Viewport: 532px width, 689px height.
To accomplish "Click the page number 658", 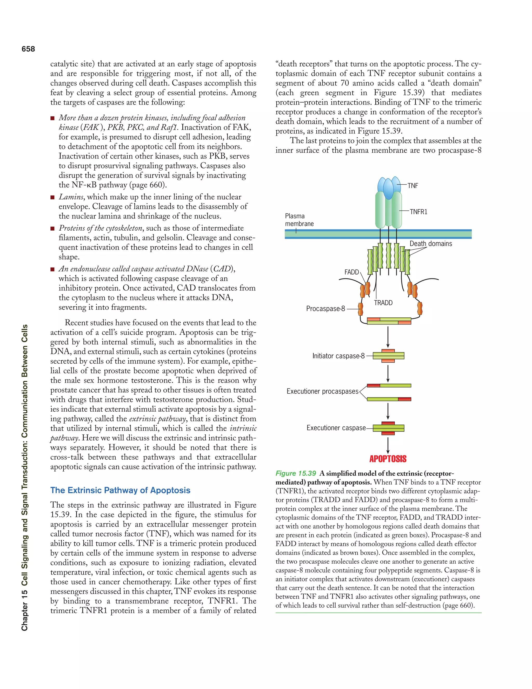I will [28, 49].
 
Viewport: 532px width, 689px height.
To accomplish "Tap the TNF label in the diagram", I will [413, 186].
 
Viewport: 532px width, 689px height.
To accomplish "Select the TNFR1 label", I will [418, 212].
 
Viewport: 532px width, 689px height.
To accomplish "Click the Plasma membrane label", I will [299, 220].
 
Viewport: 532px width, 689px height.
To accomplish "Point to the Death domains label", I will [430, 244].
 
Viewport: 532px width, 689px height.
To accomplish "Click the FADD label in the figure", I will [351, 272].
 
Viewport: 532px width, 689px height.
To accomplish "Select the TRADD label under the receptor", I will [383, 303].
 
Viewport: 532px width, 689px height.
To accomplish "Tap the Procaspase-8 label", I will [325, 309].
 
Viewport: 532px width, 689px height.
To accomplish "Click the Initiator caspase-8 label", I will [338, 356].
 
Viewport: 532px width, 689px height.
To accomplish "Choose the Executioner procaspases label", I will [322, 392].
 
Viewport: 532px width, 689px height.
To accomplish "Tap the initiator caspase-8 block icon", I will [388, 356].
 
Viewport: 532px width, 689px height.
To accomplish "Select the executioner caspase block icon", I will [388, 428].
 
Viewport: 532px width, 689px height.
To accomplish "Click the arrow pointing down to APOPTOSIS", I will [388, 445].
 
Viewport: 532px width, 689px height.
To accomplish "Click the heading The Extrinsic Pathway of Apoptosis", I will [120, 490].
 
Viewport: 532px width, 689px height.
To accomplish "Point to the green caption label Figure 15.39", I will [295, 473].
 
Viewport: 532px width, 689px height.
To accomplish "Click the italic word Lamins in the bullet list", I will [71, 197].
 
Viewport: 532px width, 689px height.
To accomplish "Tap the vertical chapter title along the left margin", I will [25, 478].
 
